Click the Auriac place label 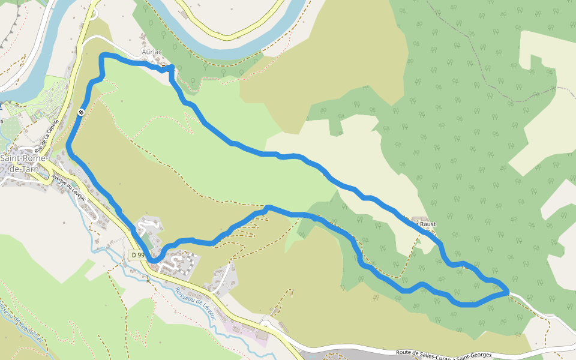coord(152,52)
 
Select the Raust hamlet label coord(427,224)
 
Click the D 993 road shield coord(138,255)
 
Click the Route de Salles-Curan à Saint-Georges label coord(444,355)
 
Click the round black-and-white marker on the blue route coord(81,111)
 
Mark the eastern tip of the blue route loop coord(508,292)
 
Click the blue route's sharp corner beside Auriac coord(172,67)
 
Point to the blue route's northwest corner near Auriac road coord(102,56)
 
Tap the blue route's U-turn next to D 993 coord(157,259)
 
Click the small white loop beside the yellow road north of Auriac coord(93,15)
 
